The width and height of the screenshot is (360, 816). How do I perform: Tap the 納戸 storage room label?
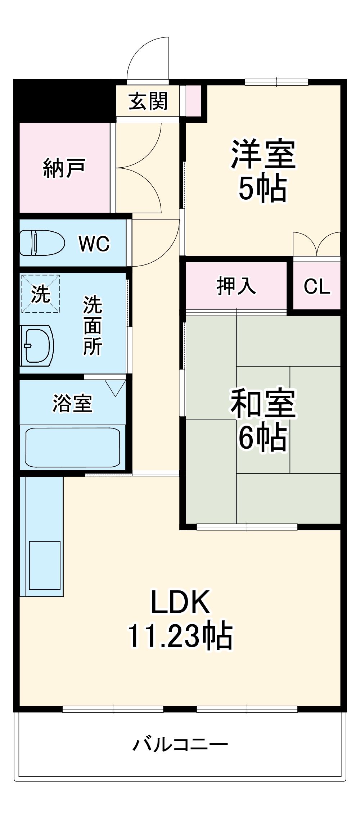tap(64, 168)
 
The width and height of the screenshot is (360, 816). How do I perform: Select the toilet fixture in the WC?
tap(41, 242)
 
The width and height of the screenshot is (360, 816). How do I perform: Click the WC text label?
tap(94, 244)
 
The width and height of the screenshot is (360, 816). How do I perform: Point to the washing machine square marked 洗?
tap(40, 294)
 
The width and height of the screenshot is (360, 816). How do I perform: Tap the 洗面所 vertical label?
tap(93, 326)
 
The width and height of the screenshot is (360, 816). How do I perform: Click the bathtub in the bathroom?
tap(73, 447)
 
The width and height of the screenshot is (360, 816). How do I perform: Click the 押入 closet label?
tap(236, 286)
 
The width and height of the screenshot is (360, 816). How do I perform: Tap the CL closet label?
tap(317, 286)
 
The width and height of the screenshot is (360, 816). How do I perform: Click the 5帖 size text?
tap(263, 188)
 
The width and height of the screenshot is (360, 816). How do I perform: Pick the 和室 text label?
tap(263, 403)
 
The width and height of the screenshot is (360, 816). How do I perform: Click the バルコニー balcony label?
tap(180, 744)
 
